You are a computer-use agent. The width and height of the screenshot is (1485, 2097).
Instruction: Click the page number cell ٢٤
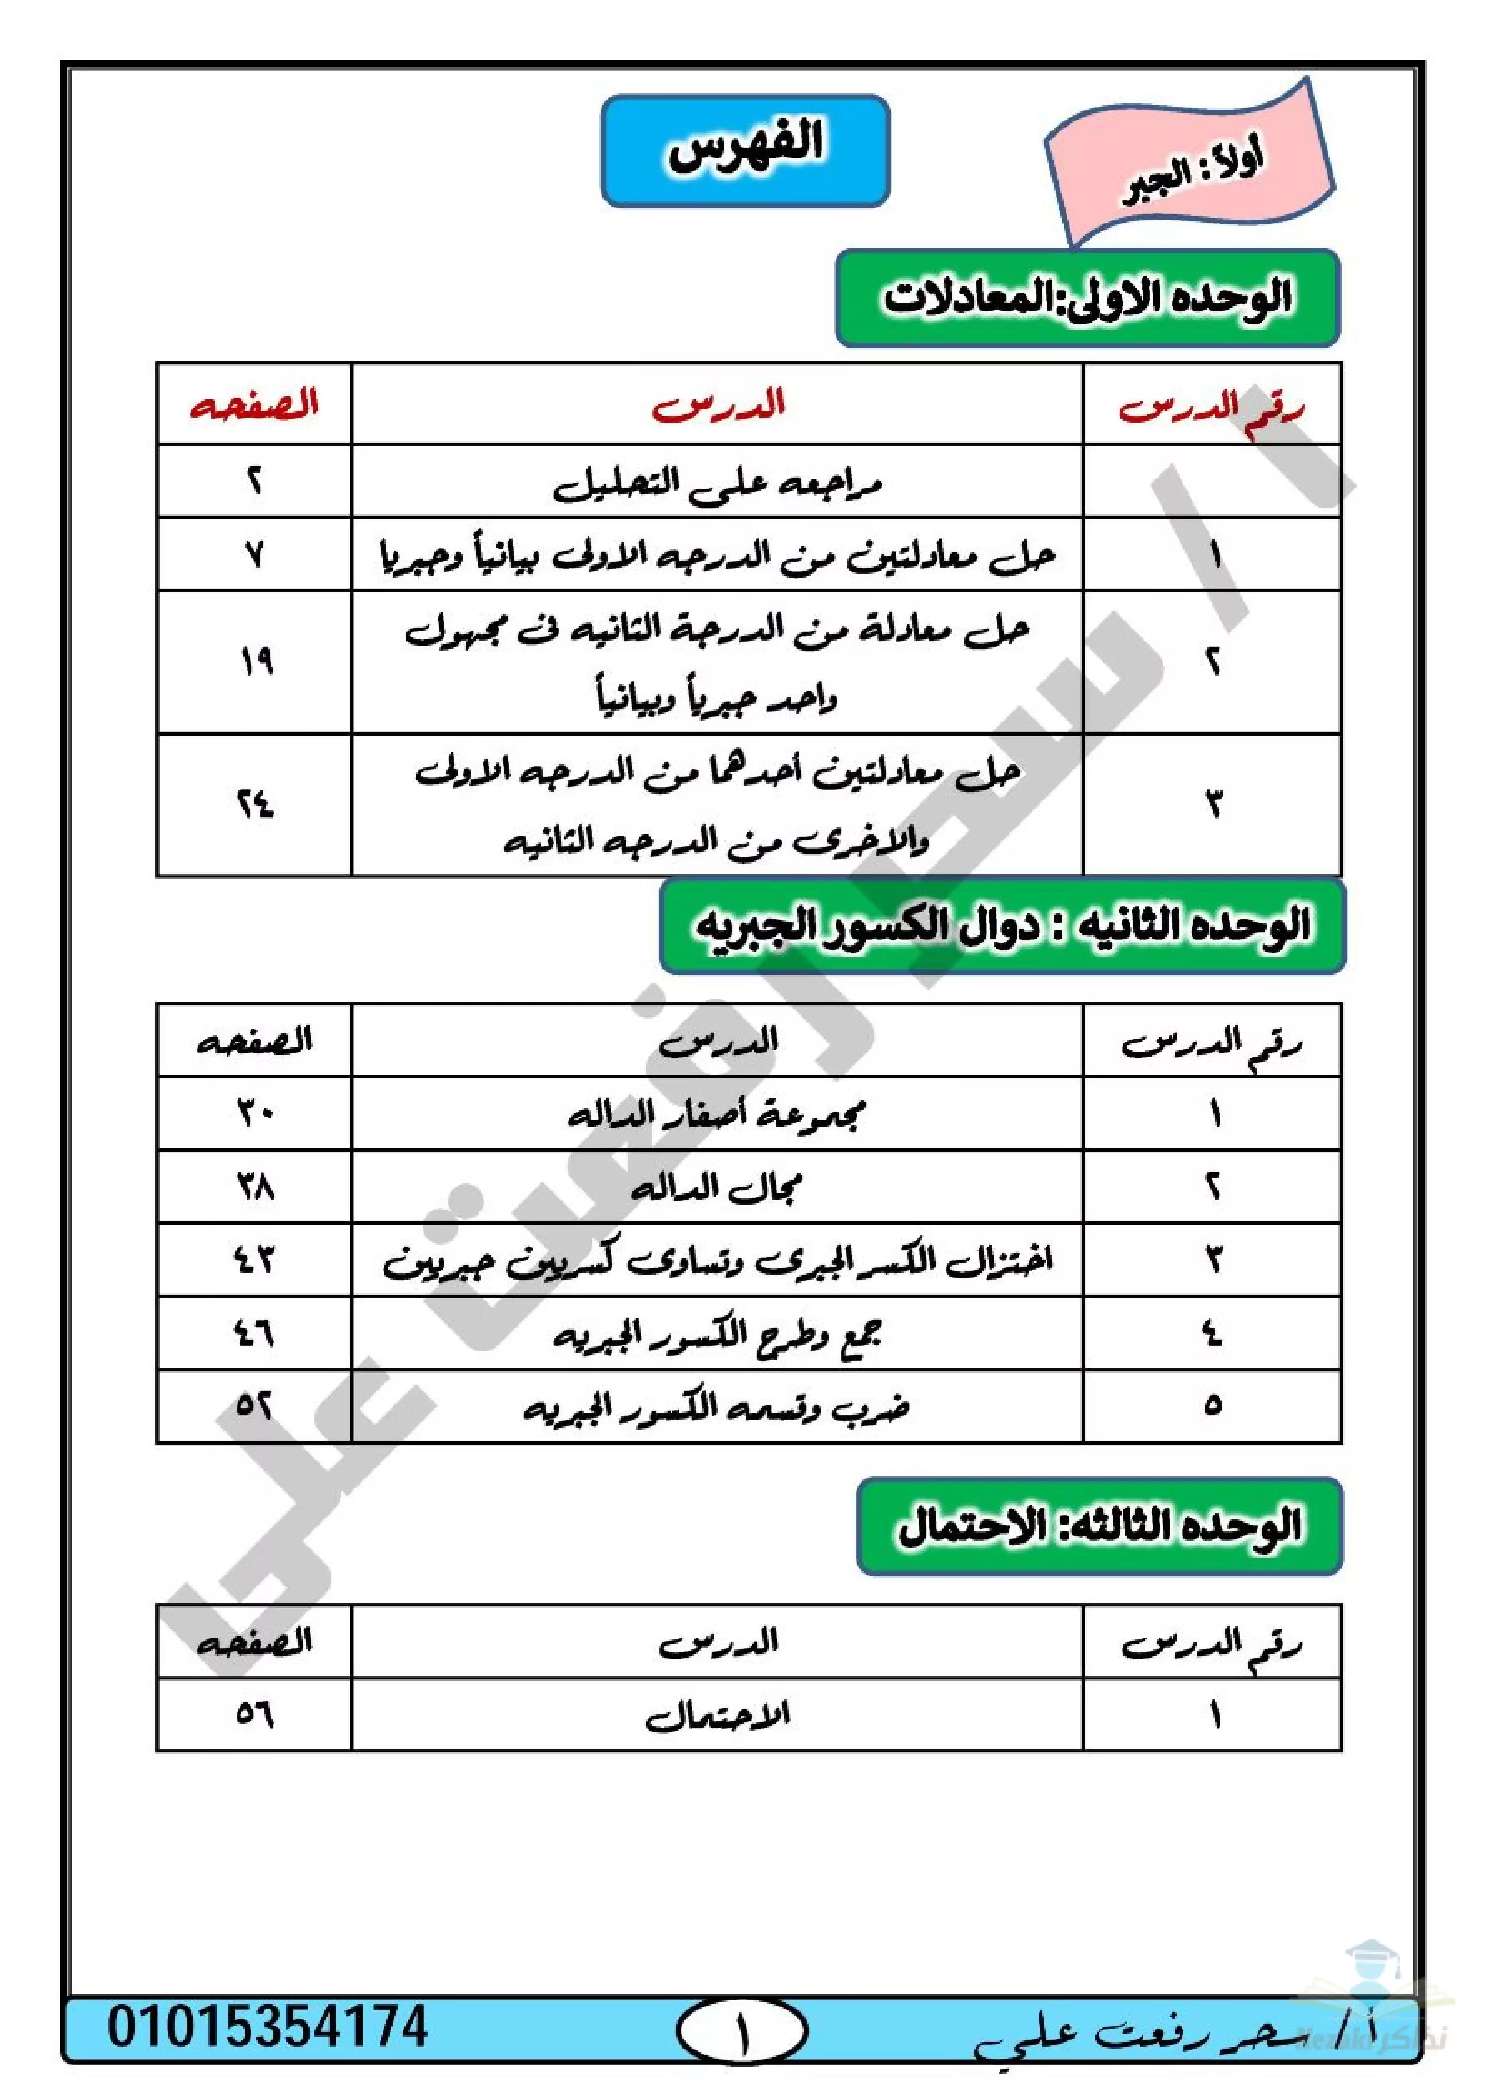(254, 804)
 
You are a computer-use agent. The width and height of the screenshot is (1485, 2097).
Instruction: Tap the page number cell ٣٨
(254, 1187)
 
